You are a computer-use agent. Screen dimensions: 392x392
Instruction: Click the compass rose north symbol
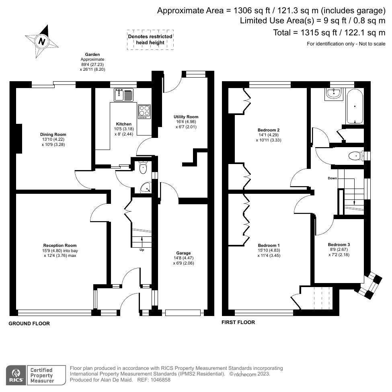[x=41, y=41]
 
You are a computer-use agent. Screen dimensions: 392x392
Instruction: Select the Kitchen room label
[x=123, y=124]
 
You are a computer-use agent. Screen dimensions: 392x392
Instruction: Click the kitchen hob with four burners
[x=144, y=111]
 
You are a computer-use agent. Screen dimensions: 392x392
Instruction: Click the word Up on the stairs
[x=142, y=250]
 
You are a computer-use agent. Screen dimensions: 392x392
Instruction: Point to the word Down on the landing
[x=332, y=178]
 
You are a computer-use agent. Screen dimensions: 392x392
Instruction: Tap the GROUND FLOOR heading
[x=29, y=323]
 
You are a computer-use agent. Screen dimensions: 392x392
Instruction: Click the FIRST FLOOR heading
[x=238, y=322]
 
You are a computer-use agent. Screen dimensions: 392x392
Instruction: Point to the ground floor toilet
[x=143, y=168]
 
